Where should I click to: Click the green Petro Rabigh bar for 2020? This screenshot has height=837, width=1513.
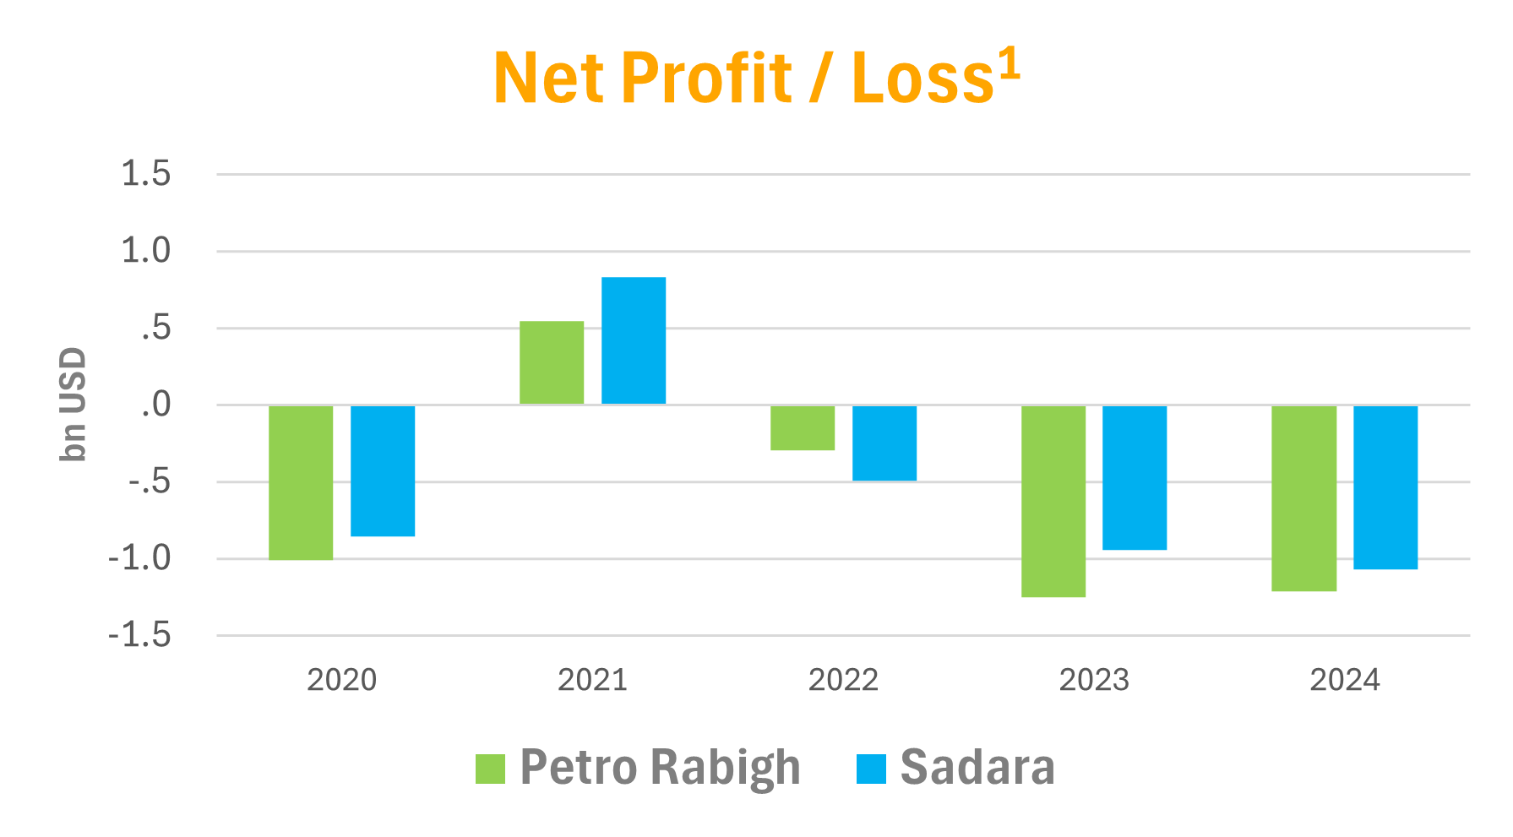pos(301,482)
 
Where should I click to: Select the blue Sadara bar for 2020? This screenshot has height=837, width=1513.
pos(383,470)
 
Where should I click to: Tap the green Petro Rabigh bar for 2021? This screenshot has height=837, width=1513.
pos(552,362)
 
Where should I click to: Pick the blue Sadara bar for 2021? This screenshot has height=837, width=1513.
pos(634,340)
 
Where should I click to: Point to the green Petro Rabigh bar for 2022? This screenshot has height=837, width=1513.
pos(803,427)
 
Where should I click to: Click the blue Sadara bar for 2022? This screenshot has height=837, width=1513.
pos(884,443)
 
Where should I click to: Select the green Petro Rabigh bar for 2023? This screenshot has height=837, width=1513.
pos(1053,501)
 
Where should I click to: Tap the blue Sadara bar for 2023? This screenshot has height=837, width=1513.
pos(1135,477)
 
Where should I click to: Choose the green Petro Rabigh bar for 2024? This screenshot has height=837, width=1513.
pos(1304,497)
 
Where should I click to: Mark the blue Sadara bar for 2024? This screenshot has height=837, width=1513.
pos(1385,487)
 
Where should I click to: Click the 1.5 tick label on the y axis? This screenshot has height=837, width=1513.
pos(146,174)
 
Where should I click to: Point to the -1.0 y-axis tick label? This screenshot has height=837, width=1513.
pos(139,558)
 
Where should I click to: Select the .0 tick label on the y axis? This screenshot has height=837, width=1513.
pos(155,405)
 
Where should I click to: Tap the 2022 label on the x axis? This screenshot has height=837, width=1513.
pos(843,680)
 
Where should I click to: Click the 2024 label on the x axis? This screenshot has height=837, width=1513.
pos(1345,680)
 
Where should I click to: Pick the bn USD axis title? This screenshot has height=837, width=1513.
pos(73,405)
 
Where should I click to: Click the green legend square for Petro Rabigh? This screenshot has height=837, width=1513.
pos(490,769)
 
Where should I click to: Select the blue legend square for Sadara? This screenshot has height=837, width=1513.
pos(871,769)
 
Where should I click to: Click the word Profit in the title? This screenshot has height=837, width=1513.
pos(705,79)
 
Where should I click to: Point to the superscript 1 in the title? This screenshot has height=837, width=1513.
pos(1010,64)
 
